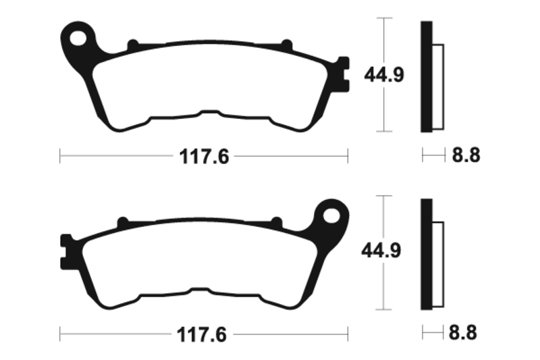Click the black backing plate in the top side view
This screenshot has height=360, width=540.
(x=426, y=76)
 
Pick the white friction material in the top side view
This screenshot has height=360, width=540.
(x=437, y=86)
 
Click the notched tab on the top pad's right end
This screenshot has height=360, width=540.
(x=344, y=72)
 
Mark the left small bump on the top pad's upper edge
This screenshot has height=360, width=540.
(x=132, y=46)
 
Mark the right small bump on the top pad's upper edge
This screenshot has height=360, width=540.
(x=287, y=46)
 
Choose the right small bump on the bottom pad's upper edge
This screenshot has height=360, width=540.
(x=276, y=222)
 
